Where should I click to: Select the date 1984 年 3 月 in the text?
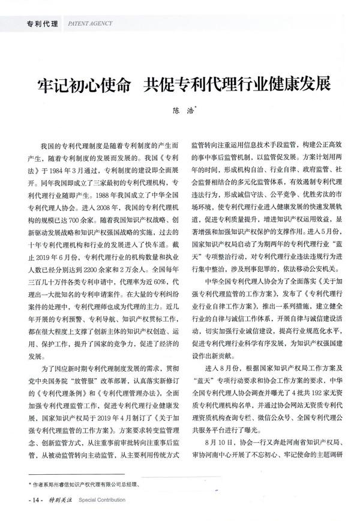74,170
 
